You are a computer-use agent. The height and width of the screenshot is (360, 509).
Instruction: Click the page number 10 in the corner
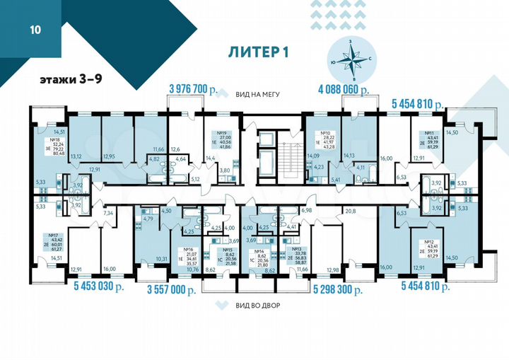click(x=35, y=30)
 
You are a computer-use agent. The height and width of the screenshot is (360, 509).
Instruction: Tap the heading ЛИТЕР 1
click(x=260, y=52)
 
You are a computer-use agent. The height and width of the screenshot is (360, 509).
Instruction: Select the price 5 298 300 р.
click(x=338, y=289)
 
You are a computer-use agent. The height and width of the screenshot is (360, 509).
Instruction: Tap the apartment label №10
click(x=326, y=132)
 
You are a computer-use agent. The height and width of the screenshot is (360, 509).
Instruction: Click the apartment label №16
click(x=188, y=248)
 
